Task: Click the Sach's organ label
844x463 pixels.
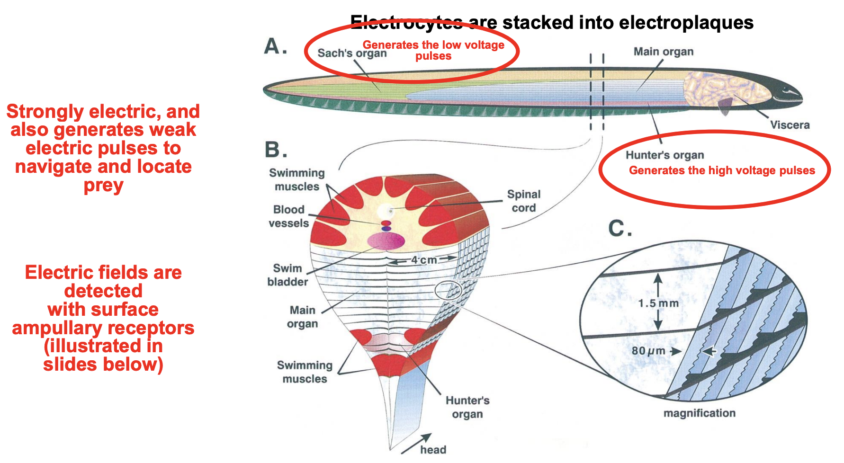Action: click(x=352, y=53)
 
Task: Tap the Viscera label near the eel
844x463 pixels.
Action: click(x=790, y=125)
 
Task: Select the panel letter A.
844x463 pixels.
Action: click(x=275, y=46)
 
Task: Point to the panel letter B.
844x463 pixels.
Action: click(x=276, y=150)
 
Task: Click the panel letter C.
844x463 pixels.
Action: click(x=620, y=229)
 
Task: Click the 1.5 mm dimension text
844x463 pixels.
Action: click(x=658, y=303)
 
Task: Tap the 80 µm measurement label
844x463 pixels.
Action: click(x=648, y=351)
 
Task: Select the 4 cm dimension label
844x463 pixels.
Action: click(x=423, y=260)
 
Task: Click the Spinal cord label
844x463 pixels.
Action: click(x=523, y=201)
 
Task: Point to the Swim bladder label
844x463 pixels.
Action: click(x=287, y=275)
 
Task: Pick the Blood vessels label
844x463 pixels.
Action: click(x=288, y=216)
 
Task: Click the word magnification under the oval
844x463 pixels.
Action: click(x=699, y=413)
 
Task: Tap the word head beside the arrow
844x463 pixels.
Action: click(x=433, y=450)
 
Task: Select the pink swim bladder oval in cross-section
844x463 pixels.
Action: click(x=386, y=241)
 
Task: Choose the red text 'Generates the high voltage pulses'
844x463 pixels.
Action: click(x=721, y=170)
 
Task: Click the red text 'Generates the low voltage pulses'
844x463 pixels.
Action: click(x=433, y=50)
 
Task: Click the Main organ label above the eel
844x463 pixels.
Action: click(x=663, y=52)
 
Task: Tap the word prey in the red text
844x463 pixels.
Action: click(x=103, y=185)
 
